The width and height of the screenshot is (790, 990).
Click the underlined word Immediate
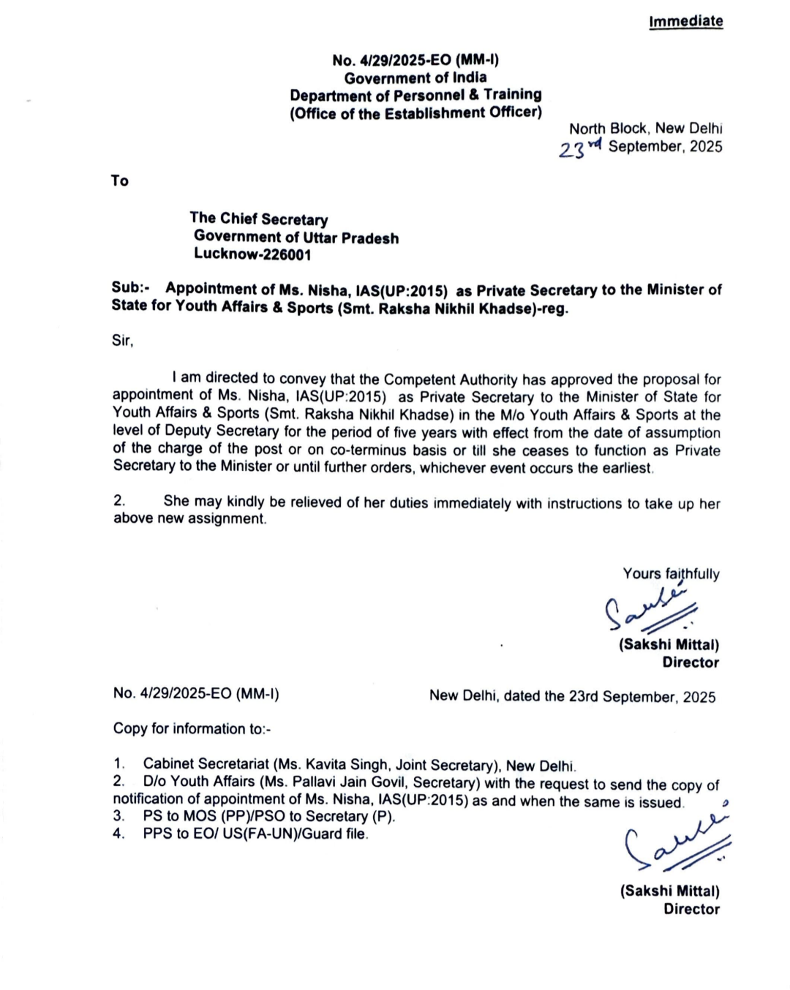point(685,21)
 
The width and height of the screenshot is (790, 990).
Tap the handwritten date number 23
point(572,150)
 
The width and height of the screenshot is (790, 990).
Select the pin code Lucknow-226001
point(252,254)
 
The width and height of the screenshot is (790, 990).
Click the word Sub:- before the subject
point(130,287)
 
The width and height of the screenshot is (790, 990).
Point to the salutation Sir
point(123,340)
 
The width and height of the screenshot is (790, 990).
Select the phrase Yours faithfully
point(671,574)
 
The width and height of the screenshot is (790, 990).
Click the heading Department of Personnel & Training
point(415,95)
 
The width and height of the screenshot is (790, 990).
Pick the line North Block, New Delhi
point(645,129)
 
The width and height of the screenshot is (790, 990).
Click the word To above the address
point(120,181)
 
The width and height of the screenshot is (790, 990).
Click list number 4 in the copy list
point(118,834)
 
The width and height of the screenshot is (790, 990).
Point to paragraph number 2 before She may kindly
point(119,501)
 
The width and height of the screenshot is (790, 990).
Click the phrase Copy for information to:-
point(192,729)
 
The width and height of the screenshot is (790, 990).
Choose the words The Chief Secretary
point(258,219)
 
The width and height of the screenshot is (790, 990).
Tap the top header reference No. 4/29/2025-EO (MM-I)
point(415,60)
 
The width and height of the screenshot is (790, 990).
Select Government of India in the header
point(415,78)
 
